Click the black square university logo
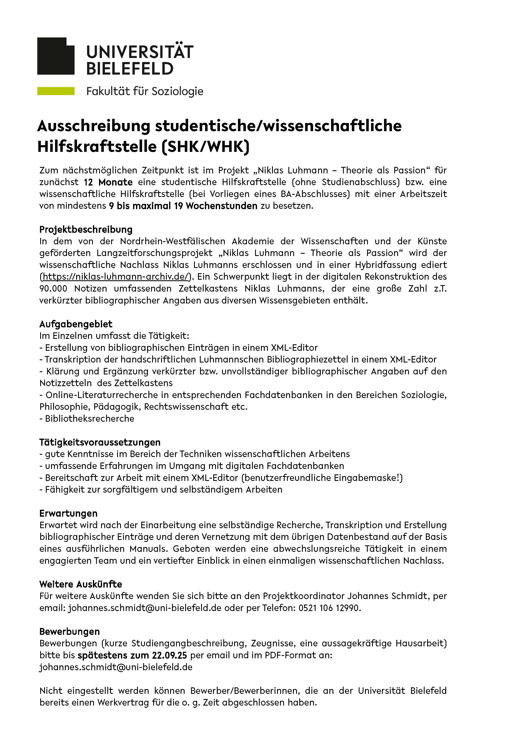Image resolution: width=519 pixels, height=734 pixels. [56, 56]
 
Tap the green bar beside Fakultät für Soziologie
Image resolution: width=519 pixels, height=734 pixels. [56, 91]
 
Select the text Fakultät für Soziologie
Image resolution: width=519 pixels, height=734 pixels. [145, 91]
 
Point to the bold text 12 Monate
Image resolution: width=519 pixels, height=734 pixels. [108, 182]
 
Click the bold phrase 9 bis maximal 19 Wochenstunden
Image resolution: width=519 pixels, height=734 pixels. [183, 206]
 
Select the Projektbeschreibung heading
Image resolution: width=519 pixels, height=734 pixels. [86, 229]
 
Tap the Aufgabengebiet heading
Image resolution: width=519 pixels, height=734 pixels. [76, 324]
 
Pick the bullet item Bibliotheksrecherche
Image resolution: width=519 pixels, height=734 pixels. [90, 419]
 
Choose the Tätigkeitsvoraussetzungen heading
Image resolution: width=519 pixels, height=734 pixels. [100, 442]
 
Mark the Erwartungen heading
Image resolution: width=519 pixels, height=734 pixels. [68, 513]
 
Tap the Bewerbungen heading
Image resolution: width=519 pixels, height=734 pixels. [69, 632]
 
